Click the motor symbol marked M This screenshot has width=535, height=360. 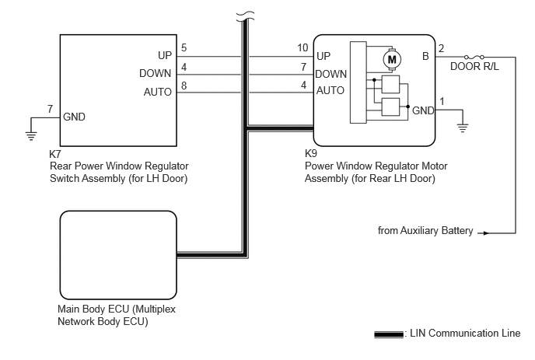[x=392, y=60]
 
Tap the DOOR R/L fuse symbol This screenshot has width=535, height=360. [x=474, y=56]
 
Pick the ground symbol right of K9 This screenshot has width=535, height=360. [x=463, y=128]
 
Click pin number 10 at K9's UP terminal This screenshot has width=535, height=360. [x=302, y=47]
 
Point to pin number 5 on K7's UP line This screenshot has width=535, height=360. [x=184, y=47]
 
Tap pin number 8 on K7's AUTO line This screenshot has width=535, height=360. [x=184, y=86]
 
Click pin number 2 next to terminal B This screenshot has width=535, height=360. [x=441, y=48]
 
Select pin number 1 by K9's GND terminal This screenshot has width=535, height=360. [x=442, y=101]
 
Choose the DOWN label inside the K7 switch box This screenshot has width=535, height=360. [x=156, y=73]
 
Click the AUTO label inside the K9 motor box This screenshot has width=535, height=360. [x=330, y=90]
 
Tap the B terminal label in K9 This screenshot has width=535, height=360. [x=425, y=56]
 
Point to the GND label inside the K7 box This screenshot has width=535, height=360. [x=74, y=117]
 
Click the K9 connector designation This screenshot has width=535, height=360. [x=311, y=153]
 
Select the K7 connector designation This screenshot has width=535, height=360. [x=55, y=154]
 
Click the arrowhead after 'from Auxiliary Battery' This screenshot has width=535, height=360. [x=486, y=233]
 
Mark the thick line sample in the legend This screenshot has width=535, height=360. [x=389, y=334]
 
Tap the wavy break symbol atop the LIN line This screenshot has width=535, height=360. [x=245, y=16]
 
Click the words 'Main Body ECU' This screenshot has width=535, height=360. [x=93, y=309]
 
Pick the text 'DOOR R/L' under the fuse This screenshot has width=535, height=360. [x=474, y=67]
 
